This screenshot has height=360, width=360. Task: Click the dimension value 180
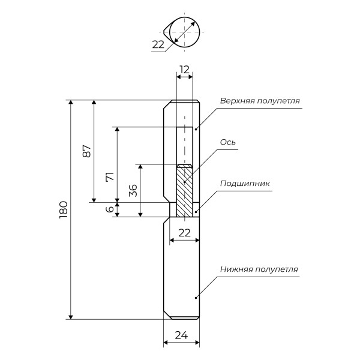(x=64, y=210)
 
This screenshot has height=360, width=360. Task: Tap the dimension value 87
(x=86, y=151)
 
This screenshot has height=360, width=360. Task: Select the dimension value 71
(x=110, y=177)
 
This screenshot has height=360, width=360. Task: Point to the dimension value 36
(x=133, y=190)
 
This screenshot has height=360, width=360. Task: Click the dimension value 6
(x=110, y=210)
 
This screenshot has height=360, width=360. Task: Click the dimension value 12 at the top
(x=184, y=69)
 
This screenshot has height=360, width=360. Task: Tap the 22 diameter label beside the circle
(x=158, y=44)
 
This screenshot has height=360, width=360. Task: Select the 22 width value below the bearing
(x=184, y=232)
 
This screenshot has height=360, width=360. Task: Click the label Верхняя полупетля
(x=259, y=100)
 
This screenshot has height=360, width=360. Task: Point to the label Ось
(x=227, y=142)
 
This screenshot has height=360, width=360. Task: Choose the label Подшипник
(x=245, y=184)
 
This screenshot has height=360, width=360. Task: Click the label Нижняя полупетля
(x=258, y=269)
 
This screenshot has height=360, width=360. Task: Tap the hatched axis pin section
(x=184, y=191)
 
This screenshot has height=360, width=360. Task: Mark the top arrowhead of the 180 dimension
(x=71, y=103)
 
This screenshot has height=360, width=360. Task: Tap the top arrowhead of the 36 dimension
(x=140, y=167)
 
